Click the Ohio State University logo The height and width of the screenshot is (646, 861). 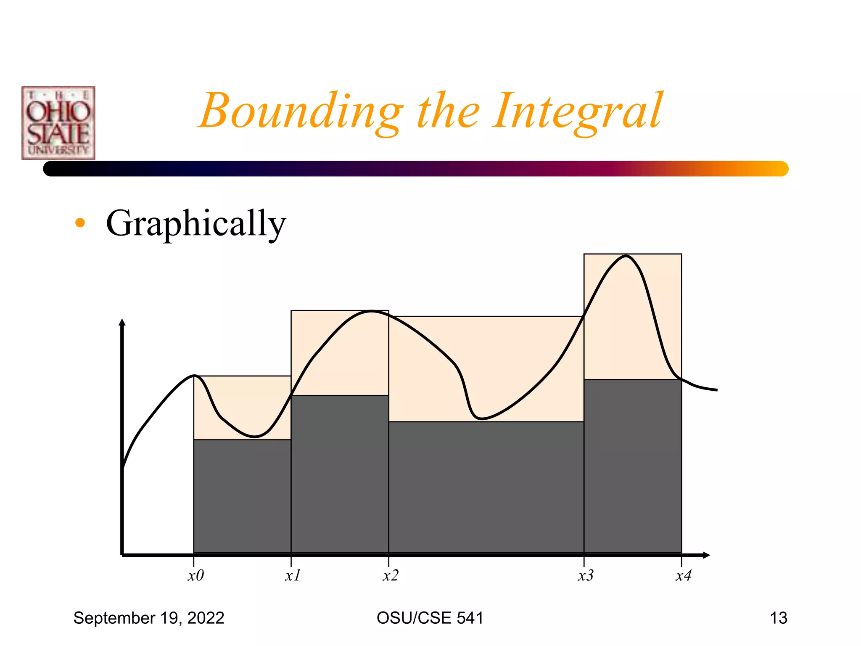point(58,123)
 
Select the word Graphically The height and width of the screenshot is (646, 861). point(196,223)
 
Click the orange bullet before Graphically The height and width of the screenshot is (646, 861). point(80,223)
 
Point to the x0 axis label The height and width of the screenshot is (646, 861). point(195,575)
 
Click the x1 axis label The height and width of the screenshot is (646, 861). point(293,575)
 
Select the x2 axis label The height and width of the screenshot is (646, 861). point(391,575)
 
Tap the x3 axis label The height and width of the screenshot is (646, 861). point(586,575)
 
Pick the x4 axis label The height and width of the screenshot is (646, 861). point(683,575)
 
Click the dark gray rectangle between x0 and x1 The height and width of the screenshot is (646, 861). point(242,496)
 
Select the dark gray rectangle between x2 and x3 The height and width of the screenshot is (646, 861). point(486,488)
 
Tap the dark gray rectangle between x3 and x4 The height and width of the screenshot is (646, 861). point(632,467)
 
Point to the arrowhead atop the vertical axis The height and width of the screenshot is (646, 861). point(122,323)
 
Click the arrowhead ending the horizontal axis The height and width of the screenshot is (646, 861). point(707,555)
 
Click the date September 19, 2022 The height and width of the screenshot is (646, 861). point(149,618)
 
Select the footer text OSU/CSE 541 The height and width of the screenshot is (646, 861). point(430,618)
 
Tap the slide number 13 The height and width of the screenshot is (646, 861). point(778,618)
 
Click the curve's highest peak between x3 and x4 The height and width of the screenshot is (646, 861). point(626,256)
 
